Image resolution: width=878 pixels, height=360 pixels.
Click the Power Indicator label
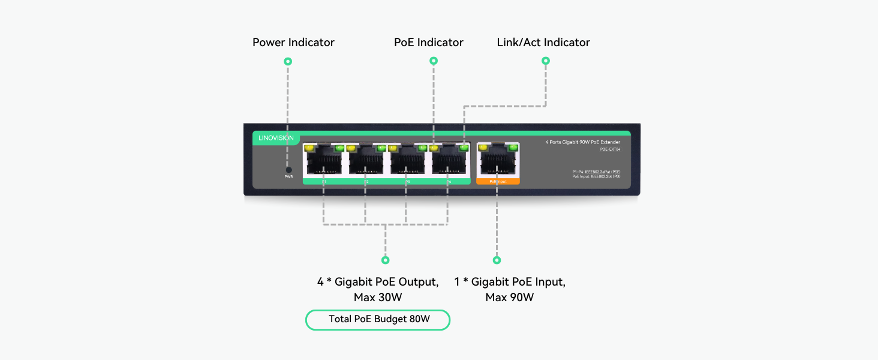click(293, 43)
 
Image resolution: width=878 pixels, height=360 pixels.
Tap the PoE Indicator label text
click(428, 43)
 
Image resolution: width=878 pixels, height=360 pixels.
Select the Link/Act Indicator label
click(543, 43)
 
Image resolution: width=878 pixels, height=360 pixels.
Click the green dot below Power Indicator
click(288, 61)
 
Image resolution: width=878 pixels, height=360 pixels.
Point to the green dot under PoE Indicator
click(434, 61)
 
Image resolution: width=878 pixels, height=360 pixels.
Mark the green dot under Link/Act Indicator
click(546, 61)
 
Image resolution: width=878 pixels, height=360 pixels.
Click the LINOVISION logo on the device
click(276, 138)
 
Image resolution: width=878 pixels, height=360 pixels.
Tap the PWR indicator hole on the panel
click(289, 170)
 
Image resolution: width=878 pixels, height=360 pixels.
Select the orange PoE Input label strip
click(498, 181)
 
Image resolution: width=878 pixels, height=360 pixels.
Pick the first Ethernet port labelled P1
click(324, 161)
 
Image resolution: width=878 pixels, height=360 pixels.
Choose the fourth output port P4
click(449, 161)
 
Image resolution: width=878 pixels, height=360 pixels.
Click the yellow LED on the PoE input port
click(483, 147)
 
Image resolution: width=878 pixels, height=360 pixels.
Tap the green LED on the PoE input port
click(513, 147)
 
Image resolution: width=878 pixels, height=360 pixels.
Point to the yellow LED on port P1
click(309, 148)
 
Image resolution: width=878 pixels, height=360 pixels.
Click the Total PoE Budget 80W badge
click(378, 319)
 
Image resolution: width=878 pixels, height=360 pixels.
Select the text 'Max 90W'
click(510, 297)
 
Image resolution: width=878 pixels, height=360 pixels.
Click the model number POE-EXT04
click(610, 149)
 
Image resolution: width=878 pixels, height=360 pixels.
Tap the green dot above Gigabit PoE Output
click(386, 260)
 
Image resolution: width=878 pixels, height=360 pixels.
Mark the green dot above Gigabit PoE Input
click(497, 260)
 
